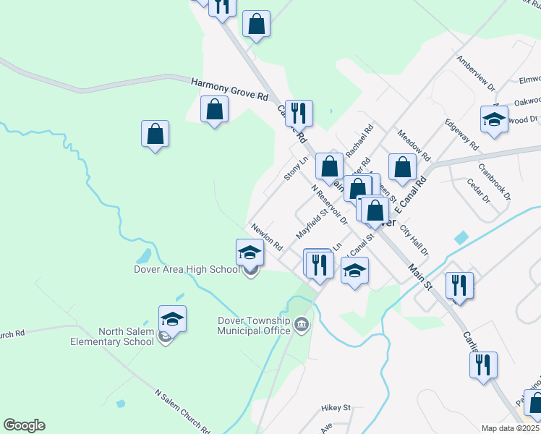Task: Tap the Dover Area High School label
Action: point(186,270)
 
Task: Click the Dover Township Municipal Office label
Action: point(254,326)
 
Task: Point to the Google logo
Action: point(24,425)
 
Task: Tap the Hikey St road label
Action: point(336,408)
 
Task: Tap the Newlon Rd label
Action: point(267,237)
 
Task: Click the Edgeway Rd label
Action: point(461,134)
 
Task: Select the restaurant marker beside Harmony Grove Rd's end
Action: point(299,113)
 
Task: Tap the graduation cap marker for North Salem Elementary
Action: point(172,318)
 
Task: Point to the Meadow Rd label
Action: point(414,145)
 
